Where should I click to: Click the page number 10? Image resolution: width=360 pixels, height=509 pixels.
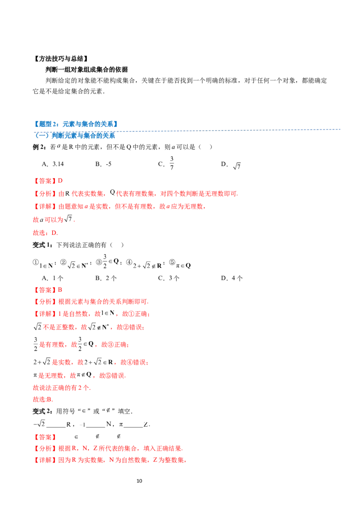139,481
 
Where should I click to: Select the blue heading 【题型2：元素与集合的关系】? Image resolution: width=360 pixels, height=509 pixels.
76,124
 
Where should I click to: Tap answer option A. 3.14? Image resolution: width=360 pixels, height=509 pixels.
53,164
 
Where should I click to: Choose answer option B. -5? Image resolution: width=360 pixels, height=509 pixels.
103,164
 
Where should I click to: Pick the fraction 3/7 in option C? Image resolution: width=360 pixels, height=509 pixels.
171,163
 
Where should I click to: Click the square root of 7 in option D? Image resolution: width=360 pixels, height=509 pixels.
237,166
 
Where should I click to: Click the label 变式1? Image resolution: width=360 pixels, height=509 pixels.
43,245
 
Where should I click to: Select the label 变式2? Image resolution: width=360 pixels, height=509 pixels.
43,411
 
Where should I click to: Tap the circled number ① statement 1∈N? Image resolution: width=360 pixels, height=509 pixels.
44,264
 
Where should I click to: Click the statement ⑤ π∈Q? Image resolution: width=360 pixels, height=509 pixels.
180,264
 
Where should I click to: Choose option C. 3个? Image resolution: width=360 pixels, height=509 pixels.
169,278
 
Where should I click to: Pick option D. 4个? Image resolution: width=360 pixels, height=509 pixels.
232,278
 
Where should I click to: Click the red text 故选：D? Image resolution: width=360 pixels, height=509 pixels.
45,233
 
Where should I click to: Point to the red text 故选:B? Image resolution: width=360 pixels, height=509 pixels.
43,399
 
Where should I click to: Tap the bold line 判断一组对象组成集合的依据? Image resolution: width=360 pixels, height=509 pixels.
86,69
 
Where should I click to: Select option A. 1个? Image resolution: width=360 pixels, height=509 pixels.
52,278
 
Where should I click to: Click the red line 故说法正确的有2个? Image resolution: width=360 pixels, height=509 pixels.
62,388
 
